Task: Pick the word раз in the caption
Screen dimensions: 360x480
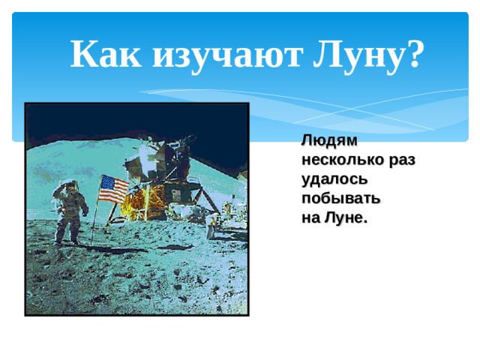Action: [402, 160]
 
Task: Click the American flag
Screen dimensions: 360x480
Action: [113, 187]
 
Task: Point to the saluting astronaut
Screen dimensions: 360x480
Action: [67, 213]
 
